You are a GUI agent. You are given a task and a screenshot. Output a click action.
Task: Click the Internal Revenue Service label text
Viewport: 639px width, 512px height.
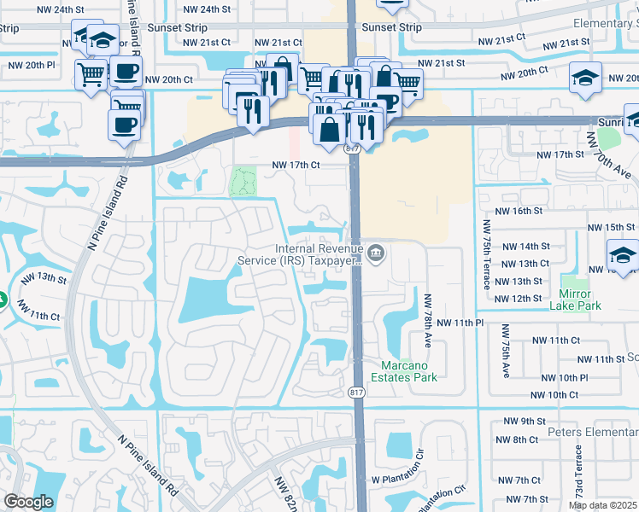(318, 255)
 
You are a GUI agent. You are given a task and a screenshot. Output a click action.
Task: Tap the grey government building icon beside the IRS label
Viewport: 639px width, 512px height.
(375, 253)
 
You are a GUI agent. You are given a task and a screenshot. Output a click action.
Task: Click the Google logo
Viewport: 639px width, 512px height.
(28, 502)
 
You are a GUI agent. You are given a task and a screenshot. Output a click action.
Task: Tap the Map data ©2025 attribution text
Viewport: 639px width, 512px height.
(603, 505)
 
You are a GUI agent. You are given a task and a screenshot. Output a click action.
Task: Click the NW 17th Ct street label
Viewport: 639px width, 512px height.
(295, 165)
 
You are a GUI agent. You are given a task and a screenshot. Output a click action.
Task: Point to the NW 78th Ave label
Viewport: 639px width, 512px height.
(426, 321)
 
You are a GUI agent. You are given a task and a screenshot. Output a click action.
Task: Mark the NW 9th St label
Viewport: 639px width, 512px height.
(524, 422)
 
